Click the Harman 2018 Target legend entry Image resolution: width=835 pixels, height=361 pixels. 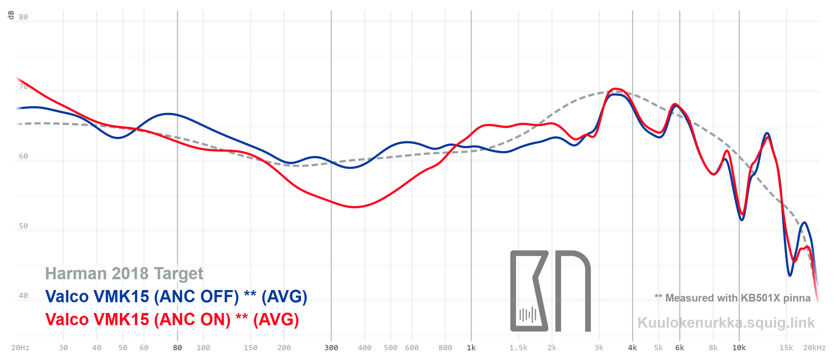124,273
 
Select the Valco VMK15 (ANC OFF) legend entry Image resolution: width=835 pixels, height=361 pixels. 176,296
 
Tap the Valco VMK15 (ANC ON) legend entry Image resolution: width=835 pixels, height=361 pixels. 172,319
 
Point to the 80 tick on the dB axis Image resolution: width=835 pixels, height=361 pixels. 23,17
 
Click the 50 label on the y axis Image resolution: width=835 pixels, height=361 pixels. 23,226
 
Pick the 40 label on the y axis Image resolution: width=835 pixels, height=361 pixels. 23,295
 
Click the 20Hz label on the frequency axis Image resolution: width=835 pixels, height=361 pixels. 20,347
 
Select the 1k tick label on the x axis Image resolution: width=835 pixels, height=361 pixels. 471,347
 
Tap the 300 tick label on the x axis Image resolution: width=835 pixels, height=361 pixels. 331,347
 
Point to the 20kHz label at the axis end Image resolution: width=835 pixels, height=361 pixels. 814,347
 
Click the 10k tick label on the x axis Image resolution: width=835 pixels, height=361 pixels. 738,347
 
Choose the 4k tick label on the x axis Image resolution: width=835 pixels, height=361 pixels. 633,347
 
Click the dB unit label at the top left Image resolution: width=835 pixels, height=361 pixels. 11,15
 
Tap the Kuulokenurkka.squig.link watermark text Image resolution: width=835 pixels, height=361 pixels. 726,322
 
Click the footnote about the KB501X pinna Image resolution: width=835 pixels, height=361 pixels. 732,298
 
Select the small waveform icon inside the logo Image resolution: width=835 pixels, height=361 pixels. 528,315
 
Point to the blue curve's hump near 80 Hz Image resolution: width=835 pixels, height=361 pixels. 168,114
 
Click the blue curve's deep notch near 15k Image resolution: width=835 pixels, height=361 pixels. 790,275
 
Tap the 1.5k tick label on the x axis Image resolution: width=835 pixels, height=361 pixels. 518,347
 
